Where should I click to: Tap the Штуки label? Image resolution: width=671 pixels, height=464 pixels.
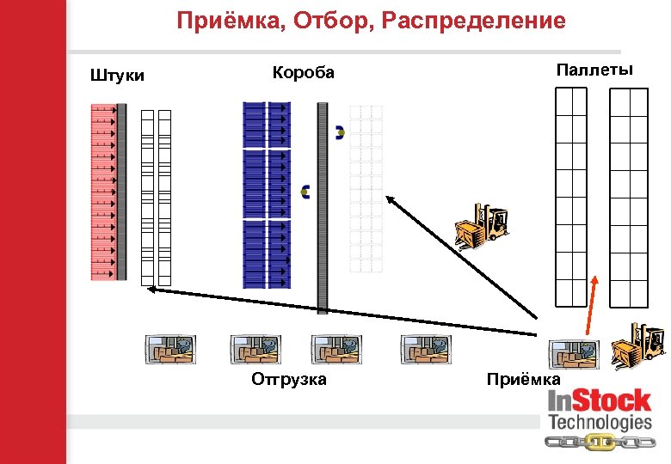click(117, 76)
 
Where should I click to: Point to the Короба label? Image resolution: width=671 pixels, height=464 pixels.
click(303, 72)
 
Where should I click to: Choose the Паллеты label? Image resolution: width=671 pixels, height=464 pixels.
click(594, 70)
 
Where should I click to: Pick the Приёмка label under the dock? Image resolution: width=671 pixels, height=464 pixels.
click(523, 379)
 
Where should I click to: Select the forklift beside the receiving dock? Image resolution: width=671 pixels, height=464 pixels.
click(637, 345)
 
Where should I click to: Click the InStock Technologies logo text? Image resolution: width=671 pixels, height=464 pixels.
click(600, 410)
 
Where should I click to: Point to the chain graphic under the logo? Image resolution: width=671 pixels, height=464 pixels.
click(600, 442)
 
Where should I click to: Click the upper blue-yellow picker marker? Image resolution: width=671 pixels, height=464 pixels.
click(340, 132)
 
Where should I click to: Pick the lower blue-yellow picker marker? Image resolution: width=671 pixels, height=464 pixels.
click(305, 192)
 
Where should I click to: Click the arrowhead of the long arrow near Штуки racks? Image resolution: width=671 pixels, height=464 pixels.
click(151, 290)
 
